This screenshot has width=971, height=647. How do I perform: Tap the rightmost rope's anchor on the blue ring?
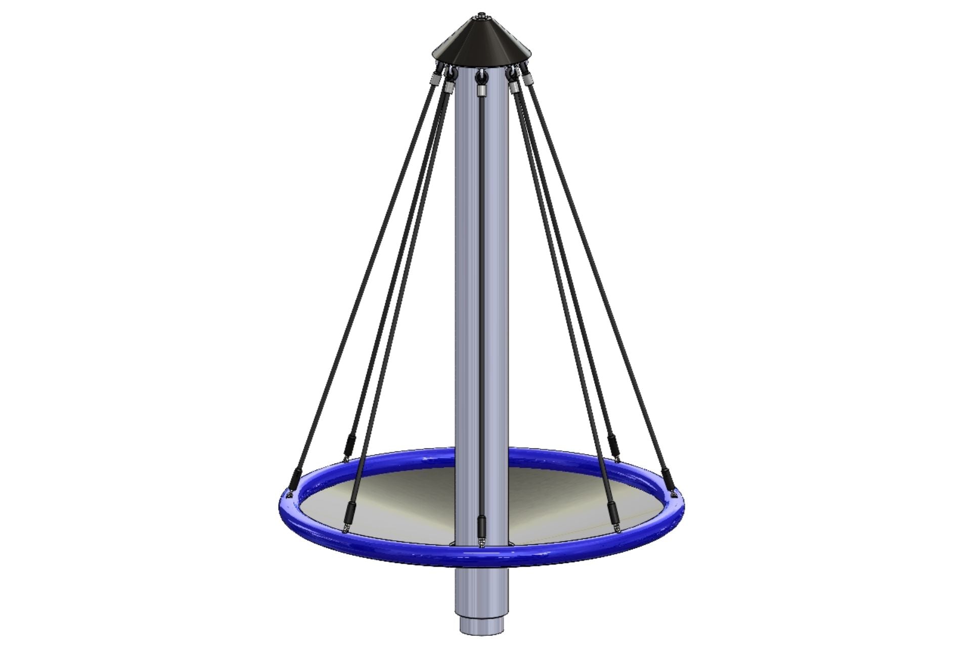[674, 493]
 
